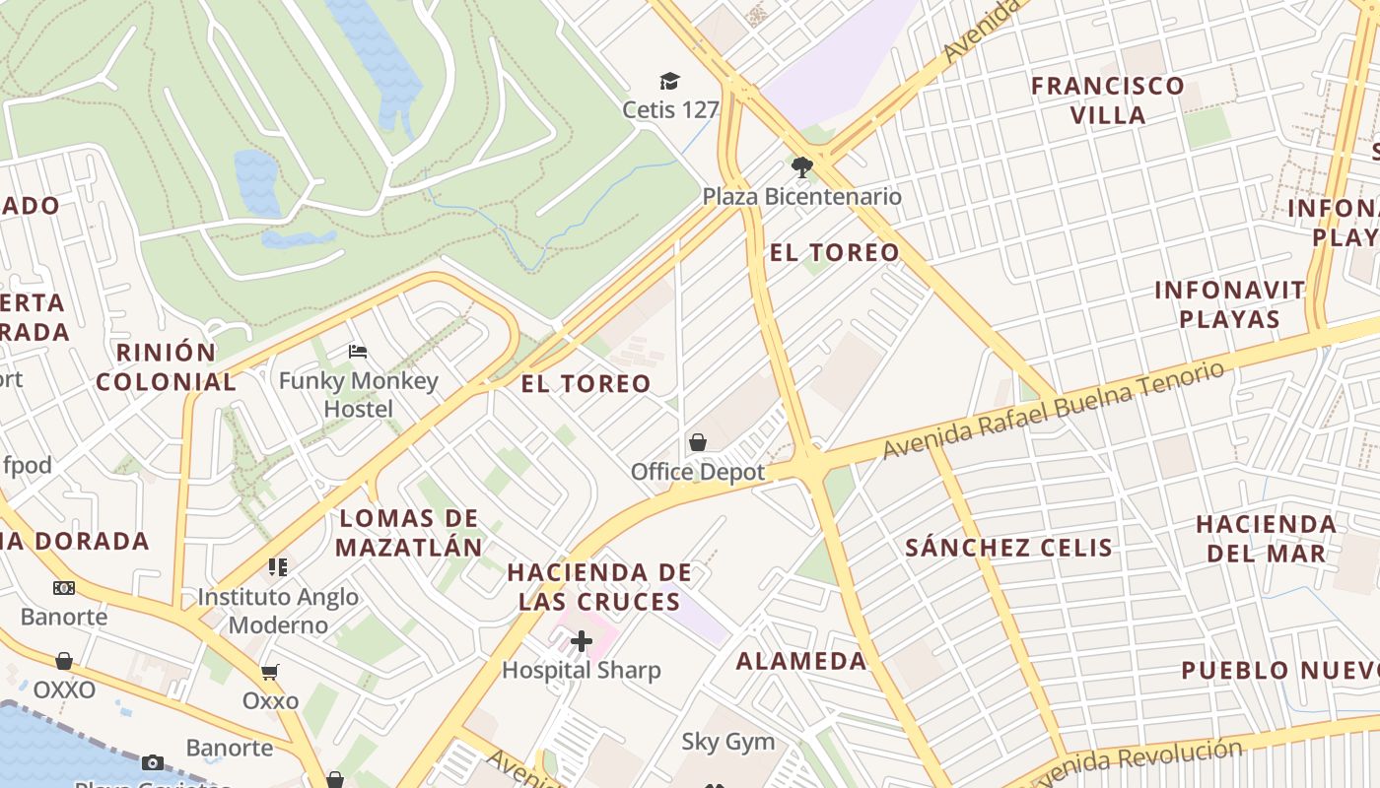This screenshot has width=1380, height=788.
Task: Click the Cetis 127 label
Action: click(670, 109)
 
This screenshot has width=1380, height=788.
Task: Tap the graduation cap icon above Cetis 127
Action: click(670, 81)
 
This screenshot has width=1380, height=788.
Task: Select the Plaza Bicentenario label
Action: click(801, 196)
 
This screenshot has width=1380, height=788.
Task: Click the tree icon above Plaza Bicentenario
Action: click(802, 166)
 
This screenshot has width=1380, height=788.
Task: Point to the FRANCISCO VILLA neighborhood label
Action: click(1108, 99)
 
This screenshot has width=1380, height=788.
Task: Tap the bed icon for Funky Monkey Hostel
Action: click(358, 352)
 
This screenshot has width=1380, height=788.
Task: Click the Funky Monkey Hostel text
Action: click(358, 394)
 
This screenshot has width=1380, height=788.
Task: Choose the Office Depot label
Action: click(698, 472)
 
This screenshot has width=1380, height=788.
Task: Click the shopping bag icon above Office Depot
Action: click(698, 442)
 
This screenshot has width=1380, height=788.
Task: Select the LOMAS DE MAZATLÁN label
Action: click(409, 532)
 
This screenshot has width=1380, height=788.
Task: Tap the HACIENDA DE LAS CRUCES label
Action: click(599, 586)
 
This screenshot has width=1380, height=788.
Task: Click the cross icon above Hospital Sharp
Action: click(582, 642)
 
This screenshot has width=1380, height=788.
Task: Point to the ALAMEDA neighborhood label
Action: click(801, 660)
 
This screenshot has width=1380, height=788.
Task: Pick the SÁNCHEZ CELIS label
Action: click(1009, 548)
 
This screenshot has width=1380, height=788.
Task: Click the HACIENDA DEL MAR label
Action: click(1267, 538)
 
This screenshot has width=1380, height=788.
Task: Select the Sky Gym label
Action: click(728, 742)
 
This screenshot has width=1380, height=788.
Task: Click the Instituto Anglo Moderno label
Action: click(278, 611)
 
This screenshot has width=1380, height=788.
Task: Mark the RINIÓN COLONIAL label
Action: click(167, 366)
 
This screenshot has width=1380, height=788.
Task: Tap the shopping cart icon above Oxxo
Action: click(269, 672)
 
